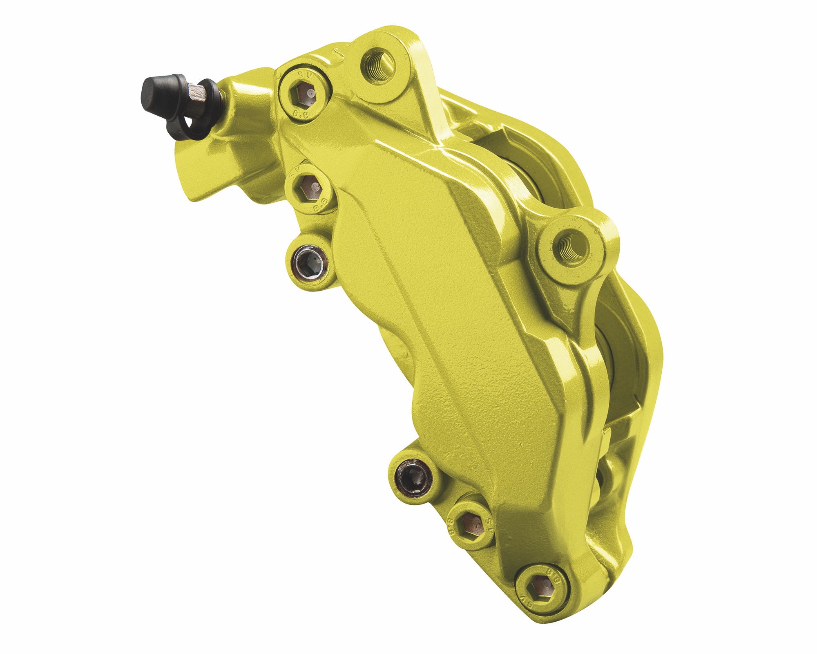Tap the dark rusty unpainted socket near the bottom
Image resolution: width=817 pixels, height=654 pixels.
point(414,478)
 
